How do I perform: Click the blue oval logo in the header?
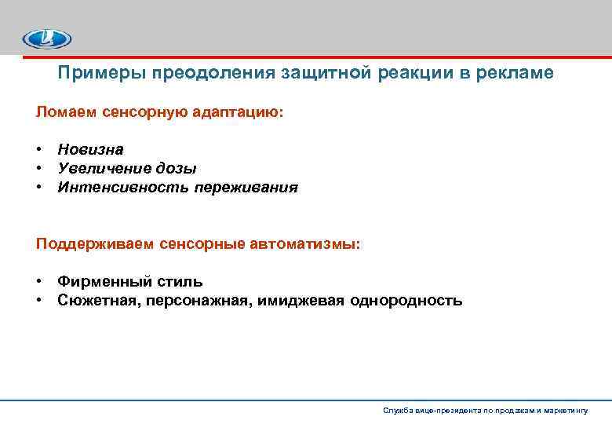point(46,38)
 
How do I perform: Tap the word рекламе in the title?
point(515,73)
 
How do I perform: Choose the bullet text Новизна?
point(90,149)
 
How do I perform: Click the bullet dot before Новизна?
point(38,149)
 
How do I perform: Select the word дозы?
point(178,168)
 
